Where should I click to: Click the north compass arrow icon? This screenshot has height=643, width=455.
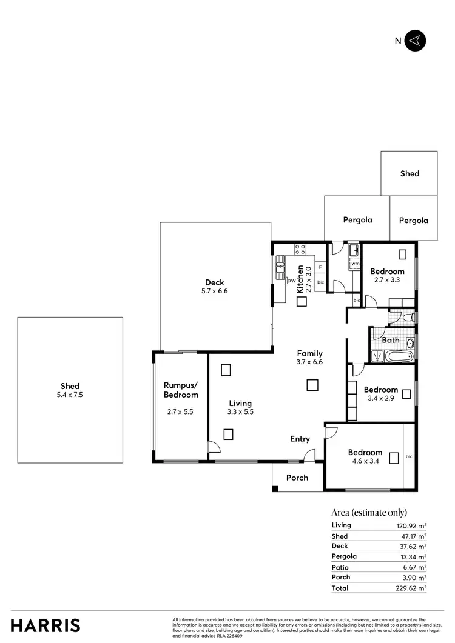416,41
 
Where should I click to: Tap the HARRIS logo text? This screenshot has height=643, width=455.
45,625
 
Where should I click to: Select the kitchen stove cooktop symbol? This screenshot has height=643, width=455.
300,247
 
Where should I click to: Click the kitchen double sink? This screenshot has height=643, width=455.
280,267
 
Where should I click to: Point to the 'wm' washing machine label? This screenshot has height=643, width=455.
354,264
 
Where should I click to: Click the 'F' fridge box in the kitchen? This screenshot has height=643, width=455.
320,267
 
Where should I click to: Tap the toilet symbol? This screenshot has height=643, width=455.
408,317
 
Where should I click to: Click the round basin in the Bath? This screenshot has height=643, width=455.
409,344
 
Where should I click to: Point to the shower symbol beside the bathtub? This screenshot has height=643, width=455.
376,356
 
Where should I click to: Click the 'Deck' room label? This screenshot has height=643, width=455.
214,282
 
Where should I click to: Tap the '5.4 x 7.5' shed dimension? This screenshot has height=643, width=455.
70,396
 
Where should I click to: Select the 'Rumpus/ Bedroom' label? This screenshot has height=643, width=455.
181,390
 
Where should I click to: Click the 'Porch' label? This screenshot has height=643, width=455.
297,478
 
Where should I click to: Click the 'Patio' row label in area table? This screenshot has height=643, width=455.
340,567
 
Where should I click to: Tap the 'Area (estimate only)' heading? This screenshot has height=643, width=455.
369,513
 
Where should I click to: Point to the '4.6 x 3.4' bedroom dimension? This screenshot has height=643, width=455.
365,462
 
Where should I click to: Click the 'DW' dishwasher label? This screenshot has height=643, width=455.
291,281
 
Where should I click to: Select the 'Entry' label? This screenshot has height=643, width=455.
300,439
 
